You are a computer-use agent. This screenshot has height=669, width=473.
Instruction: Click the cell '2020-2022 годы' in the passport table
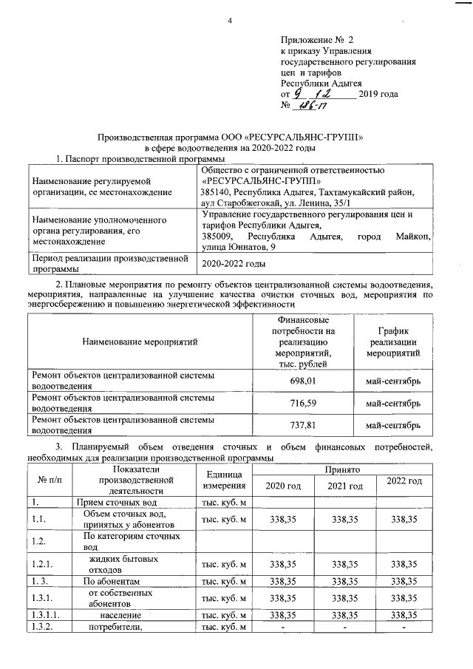(234, 263)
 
